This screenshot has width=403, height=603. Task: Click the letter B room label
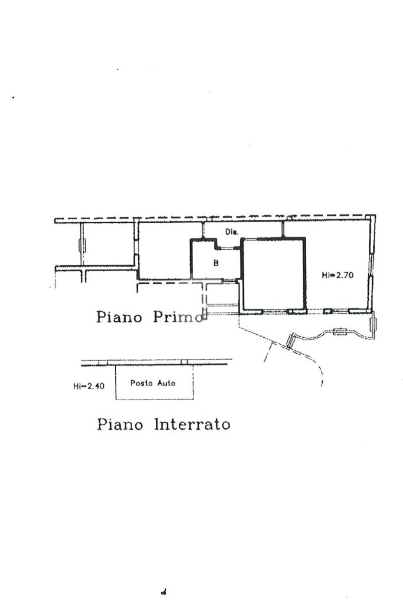click(216, 263)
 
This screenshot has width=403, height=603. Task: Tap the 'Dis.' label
click(231, 232)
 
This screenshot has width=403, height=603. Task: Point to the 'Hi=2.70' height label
click(338, 275)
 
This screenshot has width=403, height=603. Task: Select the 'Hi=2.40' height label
click(89, 386)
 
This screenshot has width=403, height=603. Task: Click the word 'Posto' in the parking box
click(142, 383)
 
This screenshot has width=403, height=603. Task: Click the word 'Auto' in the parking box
click(166, 383)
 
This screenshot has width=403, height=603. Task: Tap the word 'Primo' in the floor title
click(178, 317)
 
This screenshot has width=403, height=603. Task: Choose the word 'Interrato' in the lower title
click(192, 424)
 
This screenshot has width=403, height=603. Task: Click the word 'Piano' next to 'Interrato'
click(120, 424)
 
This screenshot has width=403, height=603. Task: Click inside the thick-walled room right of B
click(274, 274)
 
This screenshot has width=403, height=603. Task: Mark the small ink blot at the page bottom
click(163, 592)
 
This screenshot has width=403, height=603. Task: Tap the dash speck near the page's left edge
click(13, 97)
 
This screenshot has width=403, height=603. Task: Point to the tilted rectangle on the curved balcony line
click(290, 341)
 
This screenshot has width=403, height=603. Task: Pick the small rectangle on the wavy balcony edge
click(340, 332)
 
